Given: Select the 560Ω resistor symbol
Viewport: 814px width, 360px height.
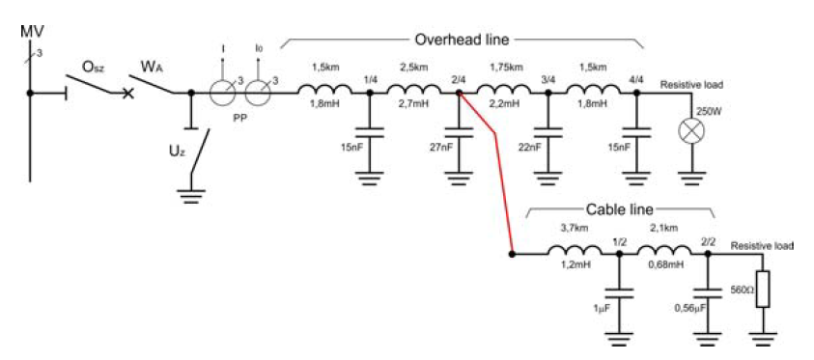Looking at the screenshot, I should tap(763, 289).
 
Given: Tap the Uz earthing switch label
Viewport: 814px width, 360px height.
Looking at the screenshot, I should tap(177, 152).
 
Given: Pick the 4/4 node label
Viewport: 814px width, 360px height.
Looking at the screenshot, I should tap(636, 79).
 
